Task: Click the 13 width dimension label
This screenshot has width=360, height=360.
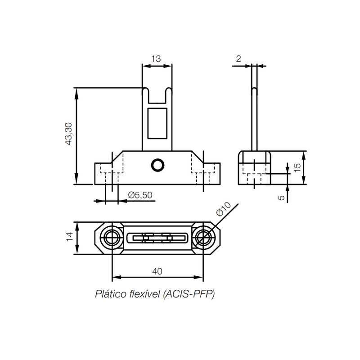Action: [156, 59]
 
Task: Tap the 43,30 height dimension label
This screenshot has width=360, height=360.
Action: [69, 134]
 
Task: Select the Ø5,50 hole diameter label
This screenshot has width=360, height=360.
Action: [140, 195]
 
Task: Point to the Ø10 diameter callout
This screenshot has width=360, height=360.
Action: [223, 209]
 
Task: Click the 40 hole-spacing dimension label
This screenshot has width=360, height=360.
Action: [157, 271]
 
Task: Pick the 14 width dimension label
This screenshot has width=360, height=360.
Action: [70, 237]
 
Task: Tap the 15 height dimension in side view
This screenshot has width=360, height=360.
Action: [297, 167]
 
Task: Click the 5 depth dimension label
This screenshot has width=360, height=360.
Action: [281, 198]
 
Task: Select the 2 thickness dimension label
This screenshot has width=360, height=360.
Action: [238, 59]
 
